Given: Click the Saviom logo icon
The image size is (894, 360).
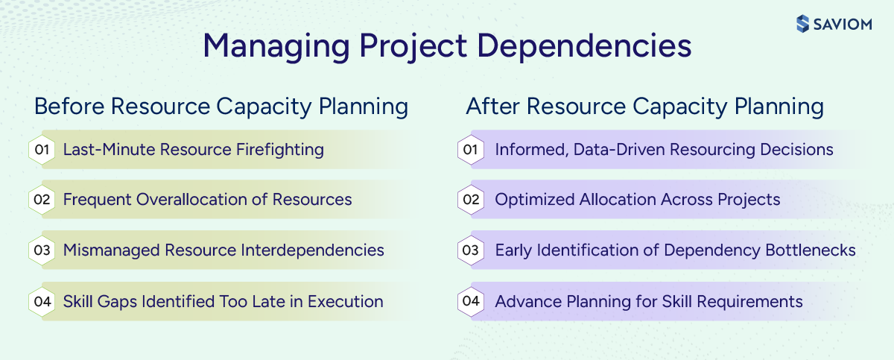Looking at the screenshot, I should click(x=802, y=24).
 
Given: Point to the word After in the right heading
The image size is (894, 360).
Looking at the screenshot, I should click(x=490, y=107).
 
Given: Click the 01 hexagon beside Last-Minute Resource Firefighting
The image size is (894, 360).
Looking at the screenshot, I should click(x=42, y=150).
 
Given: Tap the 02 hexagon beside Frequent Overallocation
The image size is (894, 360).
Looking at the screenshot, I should click(x=42, y=200).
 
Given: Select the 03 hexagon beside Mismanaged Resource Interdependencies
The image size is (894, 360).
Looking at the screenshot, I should click(x=42, y=250).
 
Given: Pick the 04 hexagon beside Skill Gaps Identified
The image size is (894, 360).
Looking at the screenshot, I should click(x=42, y=302).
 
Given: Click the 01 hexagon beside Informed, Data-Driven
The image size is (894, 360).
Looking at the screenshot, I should click(x=470, y=150).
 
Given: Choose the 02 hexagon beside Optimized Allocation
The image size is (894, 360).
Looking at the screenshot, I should click(x=470, y=200).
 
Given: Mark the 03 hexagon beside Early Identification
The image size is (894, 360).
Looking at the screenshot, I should click(x=470, y=250).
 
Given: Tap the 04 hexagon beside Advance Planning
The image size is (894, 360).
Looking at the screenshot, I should click(x=470, y=302).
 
